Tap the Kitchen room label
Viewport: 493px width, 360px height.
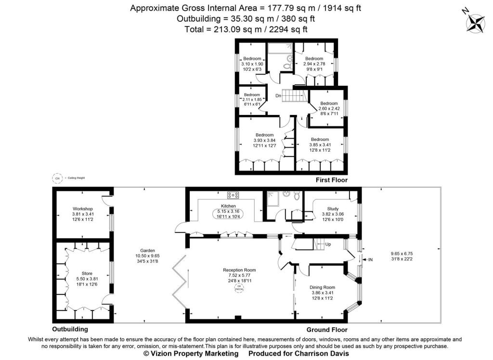coord(228,206)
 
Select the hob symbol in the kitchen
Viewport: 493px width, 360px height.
coord(234,195)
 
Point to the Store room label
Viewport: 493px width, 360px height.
coord(87,273)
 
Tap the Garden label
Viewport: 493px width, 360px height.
coord(147,250)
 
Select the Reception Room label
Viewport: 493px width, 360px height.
coord(239,270)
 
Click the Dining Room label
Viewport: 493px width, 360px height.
coord(322,287)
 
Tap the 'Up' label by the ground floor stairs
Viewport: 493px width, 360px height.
coord(328,244)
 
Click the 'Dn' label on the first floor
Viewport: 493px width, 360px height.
coord(278,96)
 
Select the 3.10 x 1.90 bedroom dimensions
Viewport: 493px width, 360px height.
coord(252,64)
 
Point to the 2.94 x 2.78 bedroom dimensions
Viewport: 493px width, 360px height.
coord(314,64)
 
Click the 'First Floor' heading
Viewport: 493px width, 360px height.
coord(331,180)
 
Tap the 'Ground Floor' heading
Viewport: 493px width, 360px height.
coord(327,330)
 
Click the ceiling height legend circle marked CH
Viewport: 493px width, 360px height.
coord(58,178)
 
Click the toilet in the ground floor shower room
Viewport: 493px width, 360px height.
coord(297,195)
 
